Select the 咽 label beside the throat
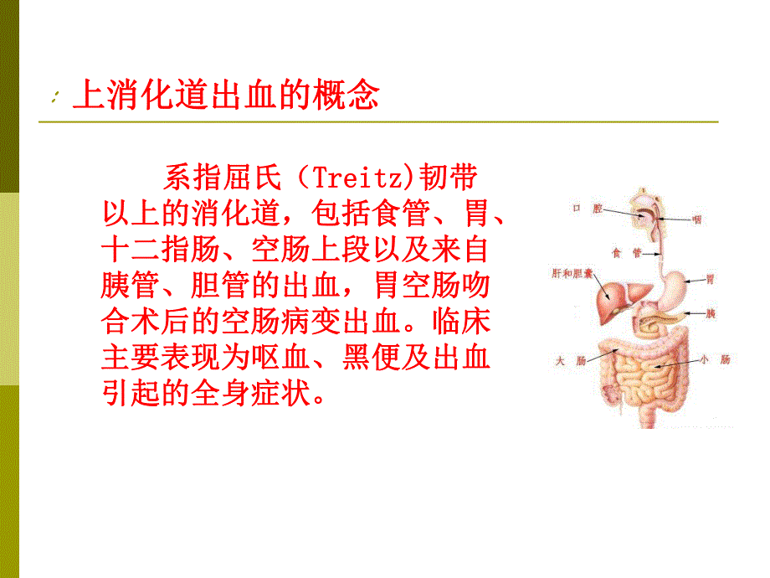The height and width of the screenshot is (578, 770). (696, 220)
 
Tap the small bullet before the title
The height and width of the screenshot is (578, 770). (54, 100)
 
